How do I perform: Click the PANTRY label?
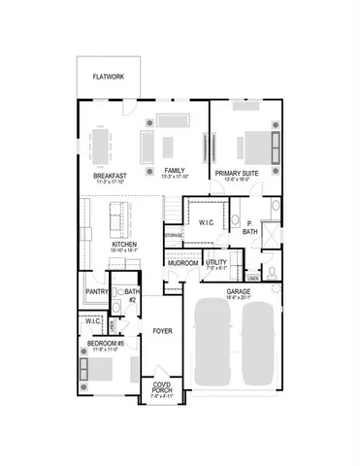point(96,291)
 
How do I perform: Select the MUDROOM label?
point(183,262)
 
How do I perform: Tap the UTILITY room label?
point(216,263)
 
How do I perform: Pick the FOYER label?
point(162,331)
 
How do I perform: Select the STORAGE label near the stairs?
point(174,235)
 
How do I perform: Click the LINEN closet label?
point(252,278)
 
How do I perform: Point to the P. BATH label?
point(250,229)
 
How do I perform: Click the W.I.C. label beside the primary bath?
point(207,222)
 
